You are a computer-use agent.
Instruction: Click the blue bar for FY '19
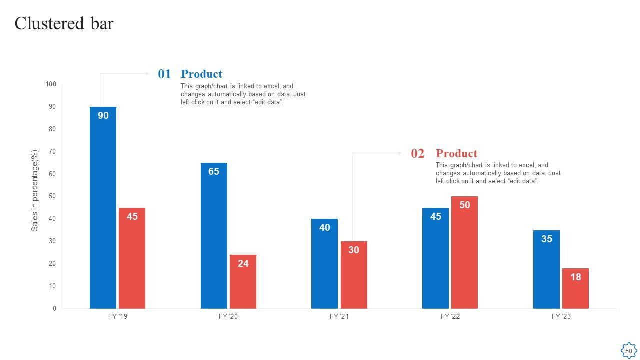pyautogui.click(x=103, y=210)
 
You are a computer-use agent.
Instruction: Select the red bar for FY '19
pyautogui.click(x=132, y=260)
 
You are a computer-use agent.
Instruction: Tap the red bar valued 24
pyautogui.click(x=243, y=282)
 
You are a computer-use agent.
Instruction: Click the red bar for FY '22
pyautogui.click(x=464, y=255)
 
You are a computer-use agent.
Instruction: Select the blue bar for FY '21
pyautogui.click(x=324, y=265)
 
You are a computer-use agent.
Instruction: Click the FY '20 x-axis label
pyautogui.click(x=228, y=316)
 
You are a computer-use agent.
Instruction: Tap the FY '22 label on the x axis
pyautogui.click(x=450, y=316)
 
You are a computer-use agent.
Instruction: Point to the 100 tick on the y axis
pyautogui.click(x=51, y=84)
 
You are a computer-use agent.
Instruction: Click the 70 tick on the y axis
pyautogui.click(x=52, y=151)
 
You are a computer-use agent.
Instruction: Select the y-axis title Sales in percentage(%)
pyautogui.click(x=35, y=190)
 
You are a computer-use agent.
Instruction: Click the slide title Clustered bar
pyautogui.click(x=64, y=23)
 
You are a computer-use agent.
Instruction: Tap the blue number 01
pyautogui.click(x=164, y=74)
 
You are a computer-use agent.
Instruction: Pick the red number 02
pyautogui.click(x=417, y=154)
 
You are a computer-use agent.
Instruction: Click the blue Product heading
pyautogui.click(x=201, y=74)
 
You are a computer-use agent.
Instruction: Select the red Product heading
pyautogui.click(x=456, y=154)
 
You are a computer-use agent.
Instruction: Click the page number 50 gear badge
pyautogui.click(x=628, y=351)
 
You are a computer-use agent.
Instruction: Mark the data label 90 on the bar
pyautogui.click(x=103, y=116)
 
